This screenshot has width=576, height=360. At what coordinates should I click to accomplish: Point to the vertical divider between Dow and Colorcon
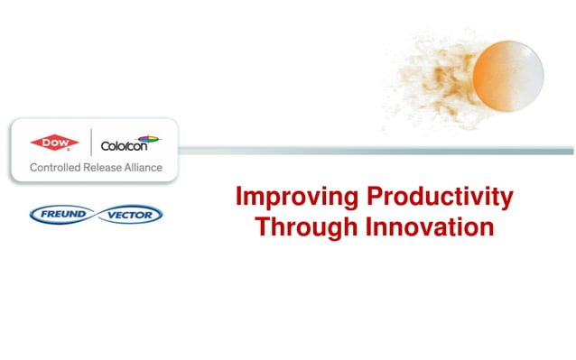pyautogui.click(x=90, y=143)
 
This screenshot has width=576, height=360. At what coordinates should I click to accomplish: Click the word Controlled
pyautogui.click(x=57, y=168)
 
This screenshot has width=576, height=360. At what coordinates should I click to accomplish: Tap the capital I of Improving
pyautogui.click(x=238, y=197)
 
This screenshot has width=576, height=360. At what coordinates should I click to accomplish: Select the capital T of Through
pyautogui.click(x=263, y=226)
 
